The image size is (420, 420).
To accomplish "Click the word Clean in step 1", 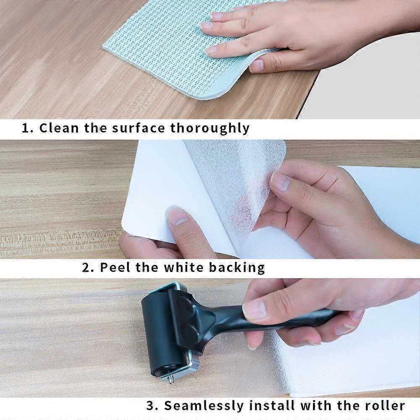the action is [x=59, y=128].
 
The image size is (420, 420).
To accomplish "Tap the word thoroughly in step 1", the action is [x=210, y=128].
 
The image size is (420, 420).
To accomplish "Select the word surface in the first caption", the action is [x=138, y=128].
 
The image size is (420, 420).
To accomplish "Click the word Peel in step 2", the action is [x=115, y=267].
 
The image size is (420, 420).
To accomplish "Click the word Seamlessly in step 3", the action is [x=204, y=406].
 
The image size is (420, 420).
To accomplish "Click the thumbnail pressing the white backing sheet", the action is [x=178, y=216].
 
